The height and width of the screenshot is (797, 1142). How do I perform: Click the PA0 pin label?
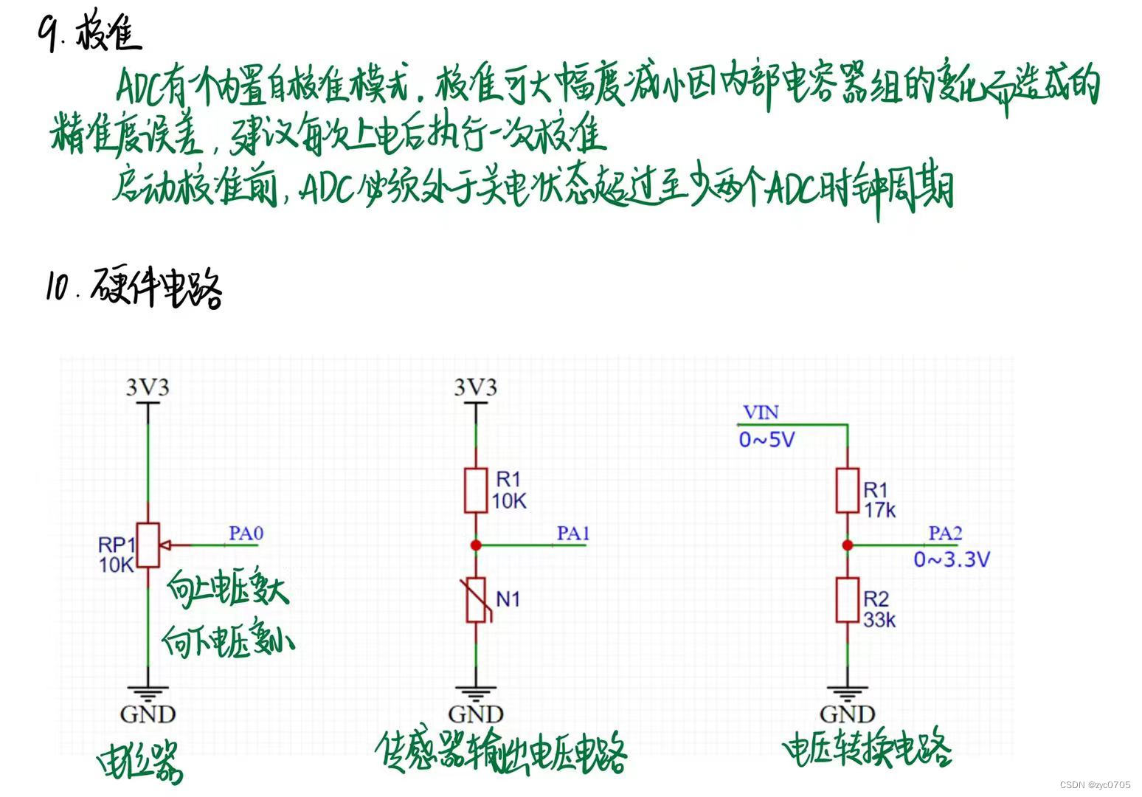point(246,533)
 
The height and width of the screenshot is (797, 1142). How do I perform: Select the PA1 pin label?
point(573,533)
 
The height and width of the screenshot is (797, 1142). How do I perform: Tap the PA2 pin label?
point(945,533)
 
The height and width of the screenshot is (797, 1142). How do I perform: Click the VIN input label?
point(761,412)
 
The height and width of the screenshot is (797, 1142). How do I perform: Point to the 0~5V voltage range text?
point(766,440)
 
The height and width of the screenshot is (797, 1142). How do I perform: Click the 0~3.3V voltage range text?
point(952,559)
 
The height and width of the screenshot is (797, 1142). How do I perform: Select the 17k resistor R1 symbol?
point(847,490)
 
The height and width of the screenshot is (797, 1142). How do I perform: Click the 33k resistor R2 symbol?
point(847,600)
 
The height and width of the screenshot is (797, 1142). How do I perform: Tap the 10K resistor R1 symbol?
point(476,490)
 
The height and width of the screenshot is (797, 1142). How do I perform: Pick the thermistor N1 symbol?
point(476,600)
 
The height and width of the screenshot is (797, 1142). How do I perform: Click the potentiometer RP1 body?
point(148,545)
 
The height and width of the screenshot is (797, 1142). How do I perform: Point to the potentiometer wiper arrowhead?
point(165,545)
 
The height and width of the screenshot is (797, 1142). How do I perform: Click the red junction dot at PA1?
point(476,545)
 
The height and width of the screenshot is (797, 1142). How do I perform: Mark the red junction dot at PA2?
point(848,545)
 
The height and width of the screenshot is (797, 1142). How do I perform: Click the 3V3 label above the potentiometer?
point(148,387)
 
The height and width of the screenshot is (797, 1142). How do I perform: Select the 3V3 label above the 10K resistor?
point(476,387)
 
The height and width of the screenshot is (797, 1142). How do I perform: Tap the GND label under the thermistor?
point(476,714)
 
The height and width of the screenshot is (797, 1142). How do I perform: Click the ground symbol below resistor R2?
point(847,694)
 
